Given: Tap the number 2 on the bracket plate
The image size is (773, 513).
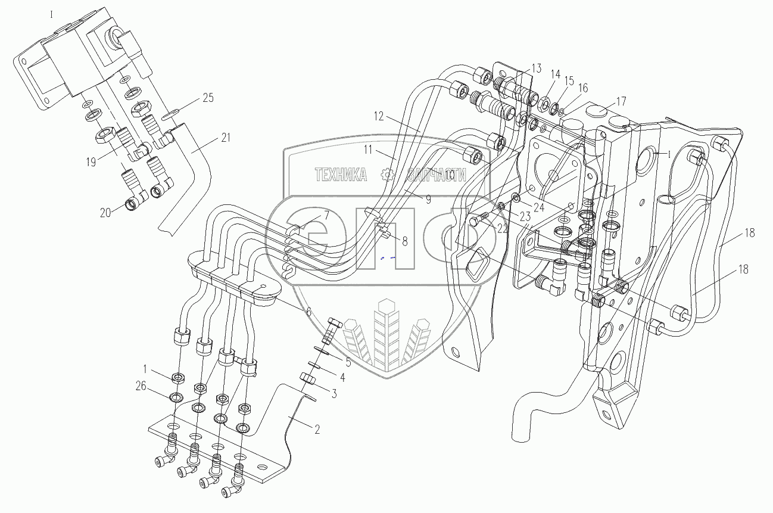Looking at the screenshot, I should click(x=317, y=429).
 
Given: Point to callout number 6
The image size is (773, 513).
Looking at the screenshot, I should click(x=308, y=311).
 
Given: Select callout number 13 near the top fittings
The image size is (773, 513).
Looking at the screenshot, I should click(x=537, y=67).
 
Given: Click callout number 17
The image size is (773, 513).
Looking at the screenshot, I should click(x=621, y=101).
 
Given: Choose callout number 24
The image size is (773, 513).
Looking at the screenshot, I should click(x=538, y=208).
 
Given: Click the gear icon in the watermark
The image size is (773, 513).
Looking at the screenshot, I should click(x=388, y=175).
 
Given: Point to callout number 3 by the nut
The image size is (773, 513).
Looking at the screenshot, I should click(x=334, y=393).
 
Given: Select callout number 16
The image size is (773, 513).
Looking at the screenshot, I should click(x=582, y=88).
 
